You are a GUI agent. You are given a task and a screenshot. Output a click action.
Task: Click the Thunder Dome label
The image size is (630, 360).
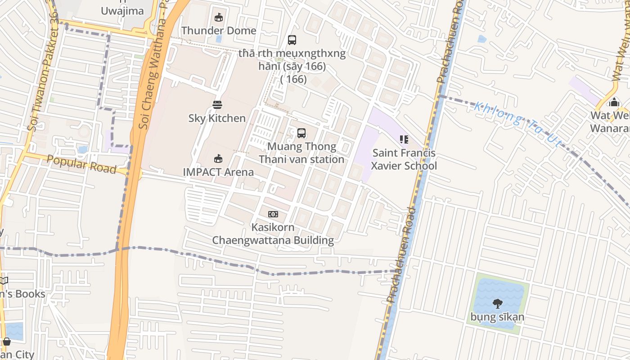pyautogui.click(x=219, y=31)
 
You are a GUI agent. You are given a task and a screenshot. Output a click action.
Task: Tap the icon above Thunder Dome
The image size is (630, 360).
pyautogui.click(x=219, y=18)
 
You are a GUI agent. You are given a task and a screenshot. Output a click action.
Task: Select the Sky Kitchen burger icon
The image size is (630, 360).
pyautogui.click(x=217, y=105)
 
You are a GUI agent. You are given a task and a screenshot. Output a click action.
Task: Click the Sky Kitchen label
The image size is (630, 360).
pyautogui.click(x=217, y=118)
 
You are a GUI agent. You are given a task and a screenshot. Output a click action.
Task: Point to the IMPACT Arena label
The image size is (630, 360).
pyautogui.click(x=218, y=172)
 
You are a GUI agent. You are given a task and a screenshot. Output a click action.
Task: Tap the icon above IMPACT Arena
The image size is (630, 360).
pyautogui.click(x=218, y=158)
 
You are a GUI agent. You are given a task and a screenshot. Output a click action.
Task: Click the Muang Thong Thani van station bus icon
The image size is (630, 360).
pyautogui.click(x=301, y=133)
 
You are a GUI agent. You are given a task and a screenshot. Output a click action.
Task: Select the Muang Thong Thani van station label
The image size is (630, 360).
pyautogui.click(x=301, y=153)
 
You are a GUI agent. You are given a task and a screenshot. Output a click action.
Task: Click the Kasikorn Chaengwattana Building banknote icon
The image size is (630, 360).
pyautogui.click(x=273, y=214)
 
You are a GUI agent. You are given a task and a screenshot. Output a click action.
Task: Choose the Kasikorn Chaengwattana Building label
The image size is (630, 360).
pyautogui.click(x=273, y=234)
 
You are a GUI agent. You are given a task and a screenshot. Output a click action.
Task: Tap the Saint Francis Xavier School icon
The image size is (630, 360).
pyautogui.click(x=404, y=139)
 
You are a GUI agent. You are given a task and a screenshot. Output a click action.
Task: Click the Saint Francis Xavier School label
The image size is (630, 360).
pyautogui.click(x=404, y=159)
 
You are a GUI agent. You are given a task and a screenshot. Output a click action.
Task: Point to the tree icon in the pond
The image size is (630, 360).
pyautogui.click(x=497, y=304)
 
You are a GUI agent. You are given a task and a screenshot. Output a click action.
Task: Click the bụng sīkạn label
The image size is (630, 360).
pyautogui.click(x=497, y=317)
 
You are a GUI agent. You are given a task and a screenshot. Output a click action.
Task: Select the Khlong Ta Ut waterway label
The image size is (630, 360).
pyautogui.click(x=517, y=124)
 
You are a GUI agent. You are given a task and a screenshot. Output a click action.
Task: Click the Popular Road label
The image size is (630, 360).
pyautogui.click(x=81, y=164)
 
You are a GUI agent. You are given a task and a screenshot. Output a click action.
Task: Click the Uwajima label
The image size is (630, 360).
pyautogui.click(x=122, y=11)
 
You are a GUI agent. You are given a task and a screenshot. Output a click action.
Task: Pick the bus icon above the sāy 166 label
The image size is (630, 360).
pyautogui.click(x=292, y=40)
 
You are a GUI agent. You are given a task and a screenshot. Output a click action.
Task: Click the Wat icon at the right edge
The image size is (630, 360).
pyautogui.click(x=614, y=103)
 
